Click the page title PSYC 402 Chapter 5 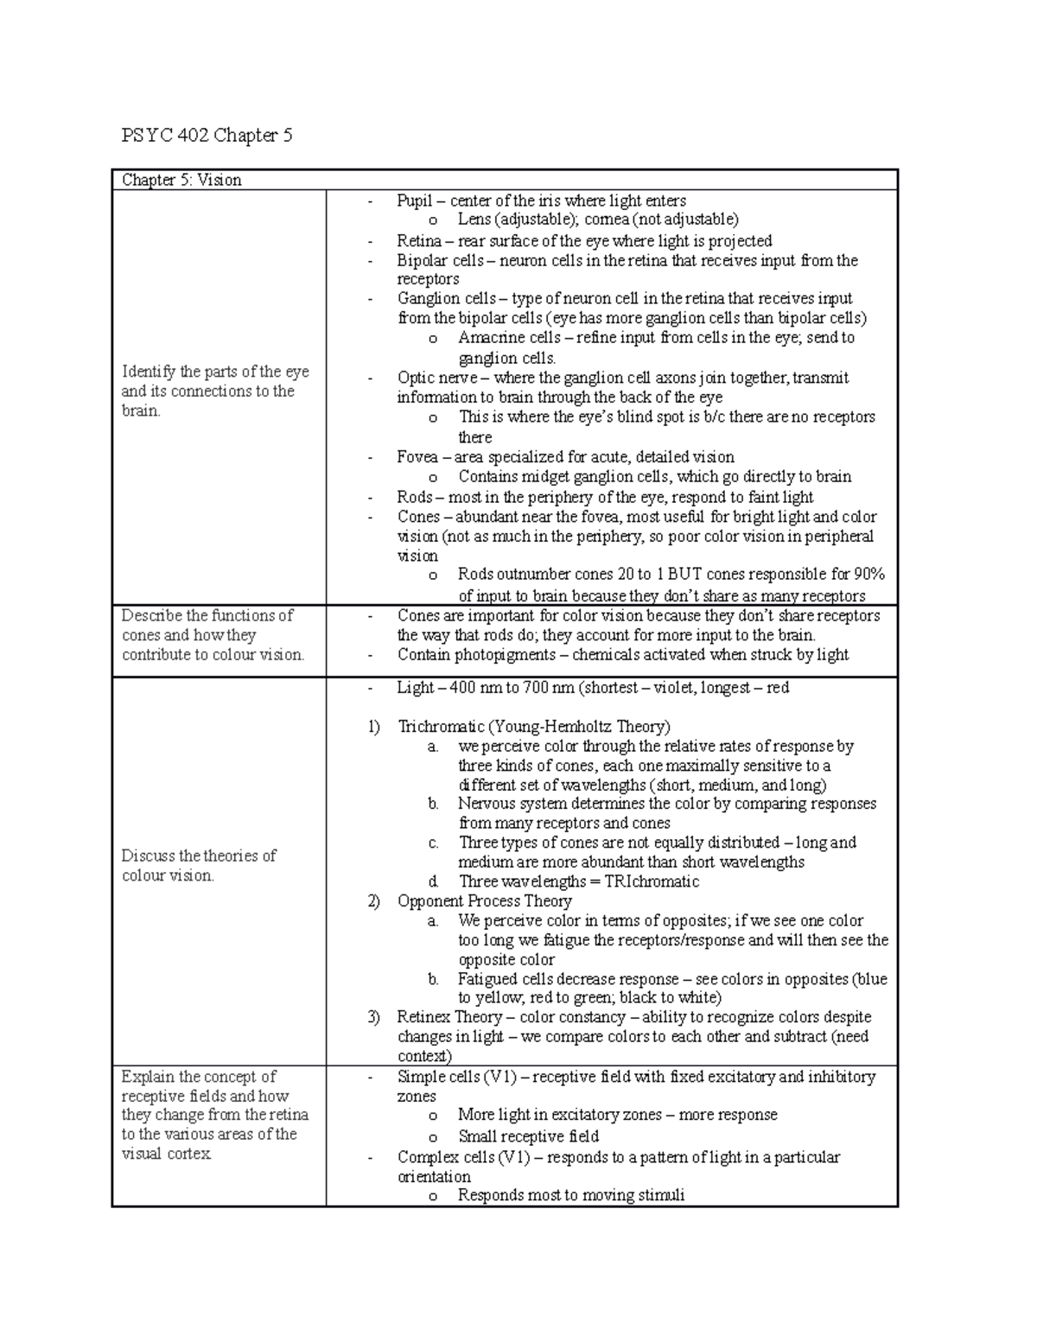(x=207, y=136)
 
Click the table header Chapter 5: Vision (x=181, y=180)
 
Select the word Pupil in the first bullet (x=415, y=200)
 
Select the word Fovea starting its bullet (x=417, y=457)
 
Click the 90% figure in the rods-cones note (x=868, y=576)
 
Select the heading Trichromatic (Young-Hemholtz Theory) (x=533, y=727)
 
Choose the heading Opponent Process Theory (x=484, y=901)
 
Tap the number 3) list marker (x=373, y=1017)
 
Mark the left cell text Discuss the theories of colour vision (x=199, y=865)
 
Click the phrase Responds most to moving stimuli (x=570, y=1196)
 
